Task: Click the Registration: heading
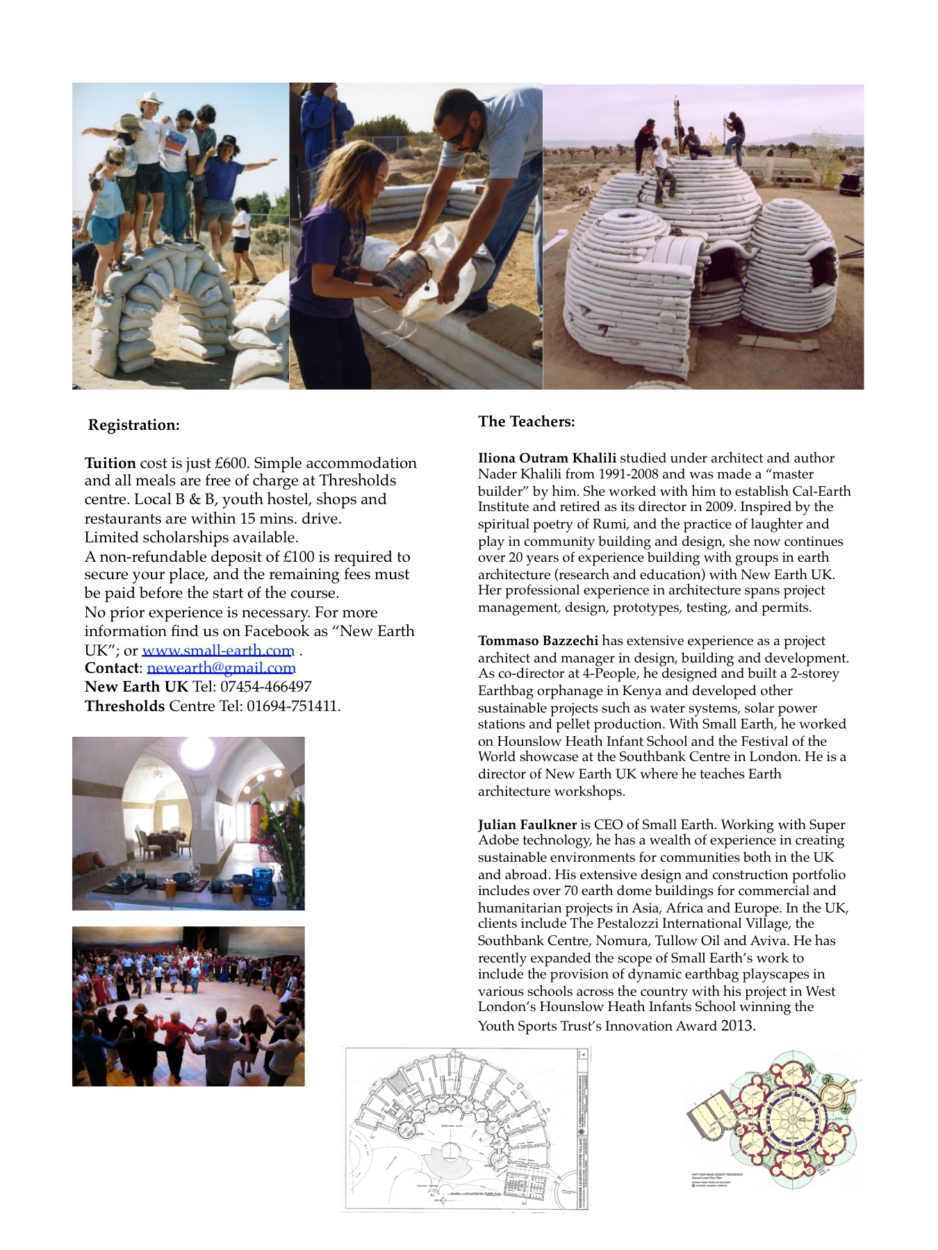[x=133, y=425]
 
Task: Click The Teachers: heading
[x=526, y=422]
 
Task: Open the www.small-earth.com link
[x=218, y=651]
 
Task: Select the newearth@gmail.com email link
[x=221, y=668]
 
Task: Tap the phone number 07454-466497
[x=266, y=687]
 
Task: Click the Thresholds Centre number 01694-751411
[x=293, y=706]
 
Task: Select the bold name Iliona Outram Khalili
[x=547, y=458]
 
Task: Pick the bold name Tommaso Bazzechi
[x=538, y=641]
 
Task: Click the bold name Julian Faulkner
[x=527, y=825]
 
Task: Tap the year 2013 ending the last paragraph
[x=737, y=1026]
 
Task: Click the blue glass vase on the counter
[x=262, y=887]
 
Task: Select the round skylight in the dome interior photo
[x=197, y=751]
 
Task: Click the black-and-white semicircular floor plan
[x=464, y=1129]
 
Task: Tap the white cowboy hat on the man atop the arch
[x=149, y=98]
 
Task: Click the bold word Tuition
[x=110, y=463]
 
